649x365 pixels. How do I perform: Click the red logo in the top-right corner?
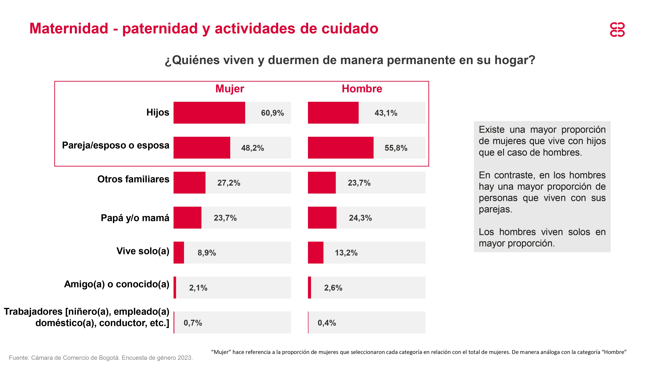[617, 30]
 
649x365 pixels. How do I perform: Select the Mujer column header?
[230, 89]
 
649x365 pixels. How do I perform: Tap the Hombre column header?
[362, 89]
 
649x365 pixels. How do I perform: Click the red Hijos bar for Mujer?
[209, 113]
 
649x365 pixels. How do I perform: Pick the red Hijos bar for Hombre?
[333, 113]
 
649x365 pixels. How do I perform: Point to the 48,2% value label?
[252, 148]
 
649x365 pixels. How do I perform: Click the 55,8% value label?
[396, 148]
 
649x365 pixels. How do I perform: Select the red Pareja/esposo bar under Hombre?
[340, 148]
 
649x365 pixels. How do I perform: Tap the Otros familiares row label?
[133, 179]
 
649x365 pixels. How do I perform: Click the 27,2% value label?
[229, 183]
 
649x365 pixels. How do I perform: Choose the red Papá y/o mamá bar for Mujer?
[187, 218]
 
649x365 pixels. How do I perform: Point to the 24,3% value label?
[360, 218]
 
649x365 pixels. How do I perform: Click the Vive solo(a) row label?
[143, 251]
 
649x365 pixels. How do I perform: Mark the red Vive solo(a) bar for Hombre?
[315, 253]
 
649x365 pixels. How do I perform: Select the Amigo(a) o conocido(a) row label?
[117, 284]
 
